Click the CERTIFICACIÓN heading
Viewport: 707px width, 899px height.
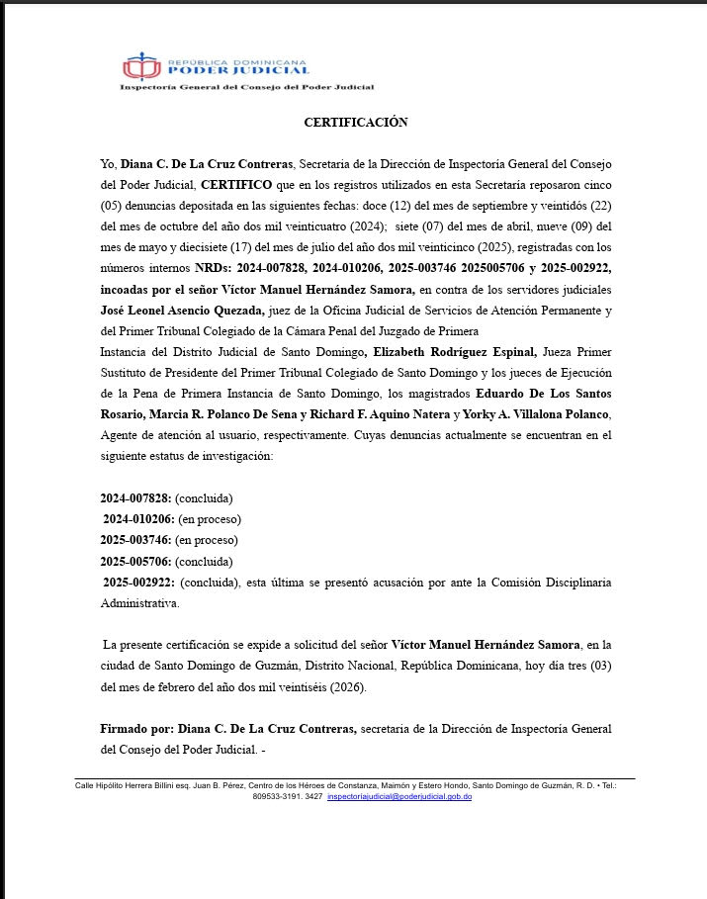click(355, 123)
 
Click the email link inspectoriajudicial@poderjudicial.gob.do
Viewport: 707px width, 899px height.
click(399, 796)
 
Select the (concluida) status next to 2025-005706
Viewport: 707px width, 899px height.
click(204, 561)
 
